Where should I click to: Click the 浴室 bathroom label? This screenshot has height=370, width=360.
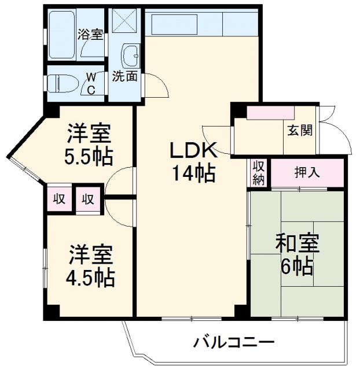coord(91,34)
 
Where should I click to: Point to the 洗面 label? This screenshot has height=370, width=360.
coord(124,76)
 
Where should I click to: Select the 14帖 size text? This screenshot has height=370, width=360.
coord(193,172)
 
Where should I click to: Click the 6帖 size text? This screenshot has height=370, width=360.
coord(297,267)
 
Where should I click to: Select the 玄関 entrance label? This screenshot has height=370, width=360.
coord(299,129)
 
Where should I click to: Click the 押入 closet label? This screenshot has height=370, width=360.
coord(307,172)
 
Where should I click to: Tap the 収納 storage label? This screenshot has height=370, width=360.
coord(259,173)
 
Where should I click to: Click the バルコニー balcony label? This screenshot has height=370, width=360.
coord(234,341)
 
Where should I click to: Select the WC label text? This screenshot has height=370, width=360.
coord(91,83)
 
